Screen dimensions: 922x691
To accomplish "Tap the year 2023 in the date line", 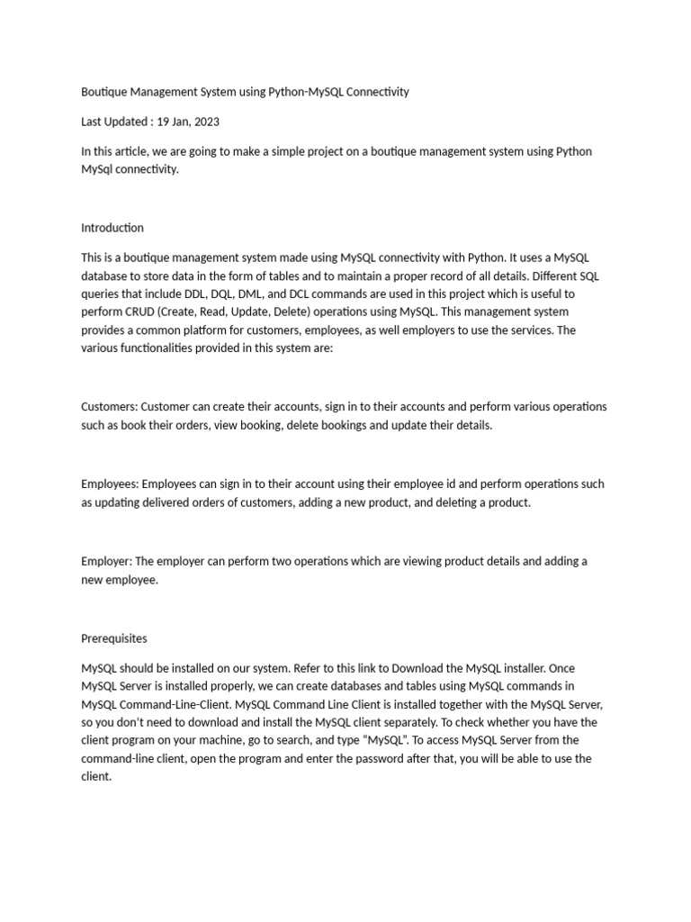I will pyautogui.click(x=205, y=122).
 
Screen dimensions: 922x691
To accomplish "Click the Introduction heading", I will pyautogui.click(x=112, y=228).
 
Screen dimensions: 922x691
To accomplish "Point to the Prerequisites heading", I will pyautogui.click(x=114, y=638).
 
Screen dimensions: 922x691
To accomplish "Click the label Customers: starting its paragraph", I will pyautogui.click(x=110, y=407).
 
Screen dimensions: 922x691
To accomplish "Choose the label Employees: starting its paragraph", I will pyautogui.click(x=111, y=484).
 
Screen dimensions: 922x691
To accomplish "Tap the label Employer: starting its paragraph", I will pyautogui.click(x=107, y=561).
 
